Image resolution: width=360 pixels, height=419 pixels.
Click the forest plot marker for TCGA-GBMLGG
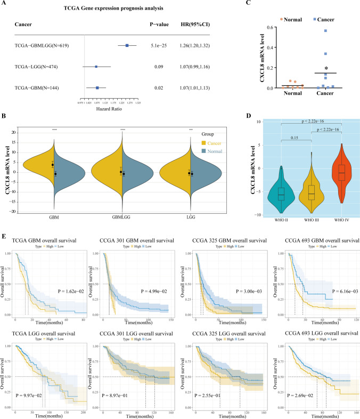pos(127,46)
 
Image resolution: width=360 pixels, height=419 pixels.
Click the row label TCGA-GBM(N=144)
pos(37,87)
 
